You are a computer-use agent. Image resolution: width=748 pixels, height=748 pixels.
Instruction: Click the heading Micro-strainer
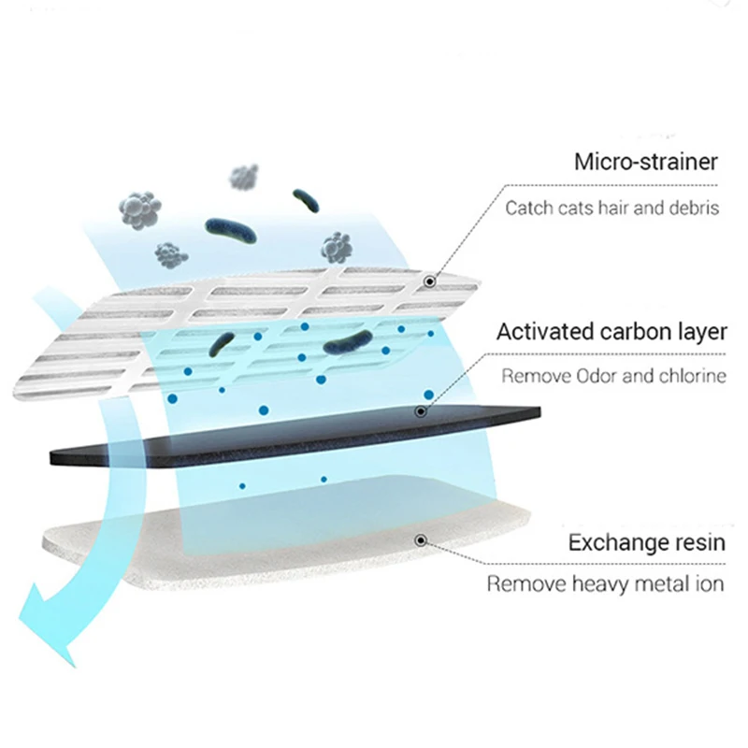pyautogui.click(x=646, y=162)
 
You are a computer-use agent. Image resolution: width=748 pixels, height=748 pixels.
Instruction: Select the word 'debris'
pyautogui.click(x=694, y=208)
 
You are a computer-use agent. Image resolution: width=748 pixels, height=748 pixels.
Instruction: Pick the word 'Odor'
pyautogui.click(x=590, y=377)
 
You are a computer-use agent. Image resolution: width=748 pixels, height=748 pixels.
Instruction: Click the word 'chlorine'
pyautogui.click(x=689, y=377)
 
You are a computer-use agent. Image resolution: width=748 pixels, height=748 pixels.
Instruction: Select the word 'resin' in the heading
pyautogui.click(x=698, y=542)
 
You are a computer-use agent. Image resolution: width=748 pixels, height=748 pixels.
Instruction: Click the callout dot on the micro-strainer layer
pyautogui.click(x=430, y=280)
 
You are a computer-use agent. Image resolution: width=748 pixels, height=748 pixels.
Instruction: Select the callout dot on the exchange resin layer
pyautogui.click(x=421, y=539)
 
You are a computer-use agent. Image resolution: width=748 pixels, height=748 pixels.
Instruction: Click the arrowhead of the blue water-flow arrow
pyautogui.click(x=42, y=622)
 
